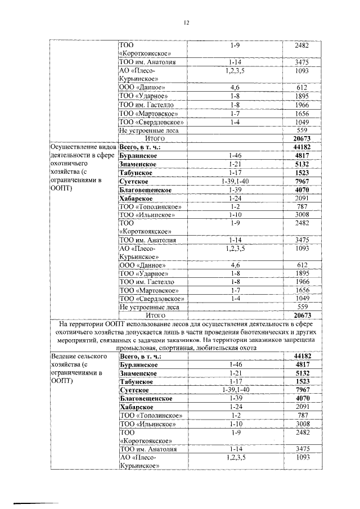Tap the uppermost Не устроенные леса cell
tap(148, 129)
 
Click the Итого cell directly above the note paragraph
tap(154, 315)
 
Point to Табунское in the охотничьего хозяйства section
tap(137, 173)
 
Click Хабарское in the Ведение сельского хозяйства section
tap(137, 407)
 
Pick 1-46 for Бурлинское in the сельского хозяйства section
tap(235, 365)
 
